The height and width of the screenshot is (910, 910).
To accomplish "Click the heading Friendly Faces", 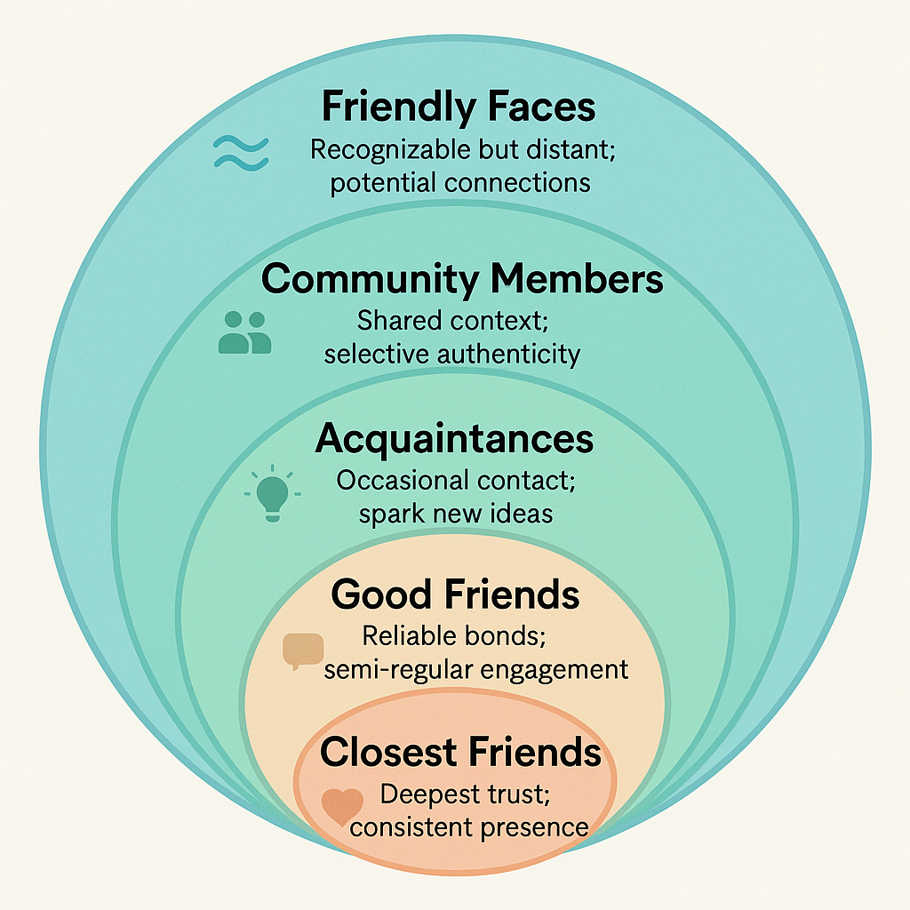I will (458, 108).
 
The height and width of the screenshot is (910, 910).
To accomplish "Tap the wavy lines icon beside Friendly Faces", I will (241, 152).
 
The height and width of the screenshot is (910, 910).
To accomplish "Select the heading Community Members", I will (462, 279).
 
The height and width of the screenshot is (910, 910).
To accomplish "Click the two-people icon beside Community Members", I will (244, 332).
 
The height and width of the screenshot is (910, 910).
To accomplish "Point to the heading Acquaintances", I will (454, 438).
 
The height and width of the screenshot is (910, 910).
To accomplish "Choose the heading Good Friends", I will (455, 595).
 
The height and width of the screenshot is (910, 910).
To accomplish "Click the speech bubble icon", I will (299, 651).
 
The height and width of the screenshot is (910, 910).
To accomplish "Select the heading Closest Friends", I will (460, 752).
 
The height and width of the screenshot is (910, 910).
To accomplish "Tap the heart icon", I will (342, 804).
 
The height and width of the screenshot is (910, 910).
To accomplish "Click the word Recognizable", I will (375, 149).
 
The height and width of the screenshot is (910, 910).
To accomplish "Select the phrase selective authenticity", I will (451, 354).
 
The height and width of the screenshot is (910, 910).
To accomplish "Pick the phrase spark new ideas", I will (456, 514).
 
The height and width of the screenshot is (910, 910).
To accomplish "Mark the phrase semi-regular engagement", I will (475, 668).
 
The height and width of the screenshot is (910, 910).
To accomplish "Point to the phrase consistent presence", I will (468, 826).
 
